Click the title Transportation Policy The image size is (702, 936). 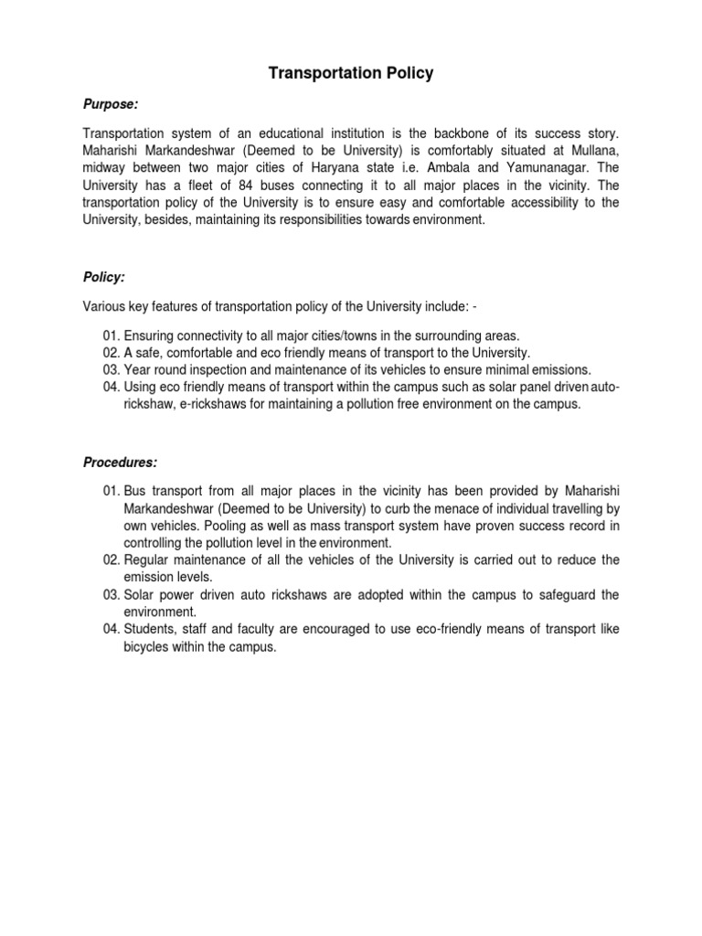point(351,74)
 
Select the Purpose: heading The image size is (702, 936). point(111,104)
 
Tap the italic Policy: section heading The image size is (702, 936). point(102,275)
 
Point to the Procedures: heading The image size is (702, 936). point(120,463)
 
